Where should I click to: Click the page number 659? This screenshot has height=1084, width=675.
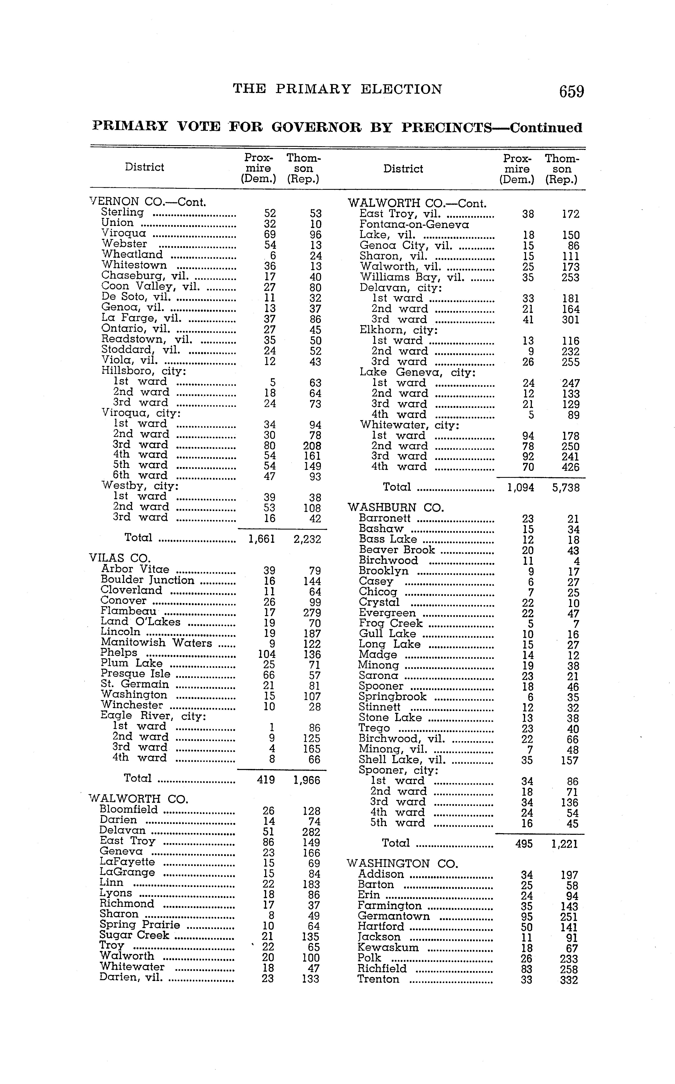tap(571, 91)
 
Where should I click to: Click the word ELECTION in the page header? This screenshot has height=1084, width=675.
tap(401, 89)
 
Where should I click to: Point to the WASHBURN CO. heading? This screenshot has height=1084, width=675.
tap(395, 508)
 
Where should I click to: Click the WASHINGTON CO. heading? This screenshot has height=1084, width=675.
tap(402, 864)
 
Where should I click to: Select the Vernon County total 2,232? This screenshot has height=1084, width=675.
tap(307, 539)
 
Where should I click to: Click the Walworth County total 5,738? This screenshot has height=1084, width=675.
tap(566, 488)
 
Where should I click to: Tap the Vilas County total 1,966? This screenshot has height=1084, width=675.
tap(307, 780)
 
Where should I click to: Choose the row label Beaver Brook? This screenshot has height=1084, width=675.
tap(397, 550)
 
